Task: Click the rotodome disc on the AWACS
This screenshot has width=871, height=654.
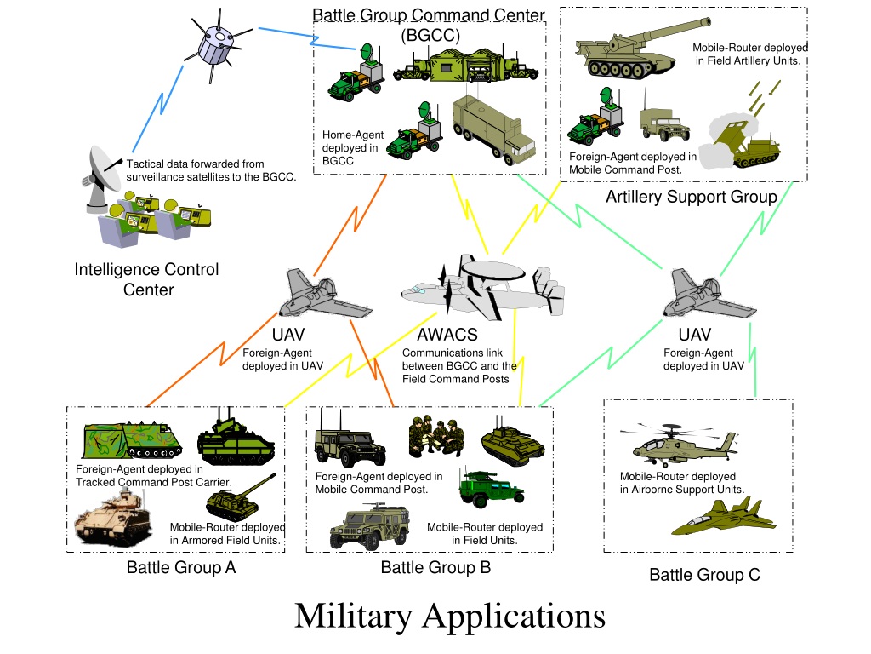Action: point(493,270)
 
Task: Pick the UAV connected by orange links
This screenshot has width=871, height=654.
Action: point(323,295)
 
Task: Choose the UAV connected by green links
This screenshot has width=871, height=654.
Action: point(708,295)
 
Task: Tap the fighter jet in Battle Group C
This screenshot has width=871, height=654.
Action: point(723,517)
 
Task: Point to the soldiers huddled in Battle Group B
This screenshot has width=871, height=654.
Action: point(435,436)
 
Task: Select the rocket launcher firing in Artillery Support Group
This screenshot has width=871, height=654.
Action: point(742,139)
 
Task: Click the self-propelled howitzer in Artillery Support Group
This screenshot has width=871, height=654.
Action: point(639,51)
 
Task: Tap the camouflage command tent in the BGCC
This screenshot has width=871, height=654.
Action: point(465,65)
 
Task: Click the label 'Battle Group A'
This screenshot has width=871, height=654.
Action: point(181,567)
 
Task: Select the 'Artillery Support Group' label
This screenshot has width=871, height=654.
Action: point(691,197)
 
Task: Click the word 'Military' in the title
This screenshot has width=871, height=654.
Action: point(353,617)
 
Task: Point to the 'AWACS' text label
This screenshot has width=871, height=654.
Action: point(447,335)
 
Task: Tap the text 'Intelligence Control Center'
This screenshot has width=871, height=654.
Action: point(146,279)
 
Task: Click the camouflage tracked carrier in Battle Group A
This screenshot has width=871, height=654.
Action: point(132,439)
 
